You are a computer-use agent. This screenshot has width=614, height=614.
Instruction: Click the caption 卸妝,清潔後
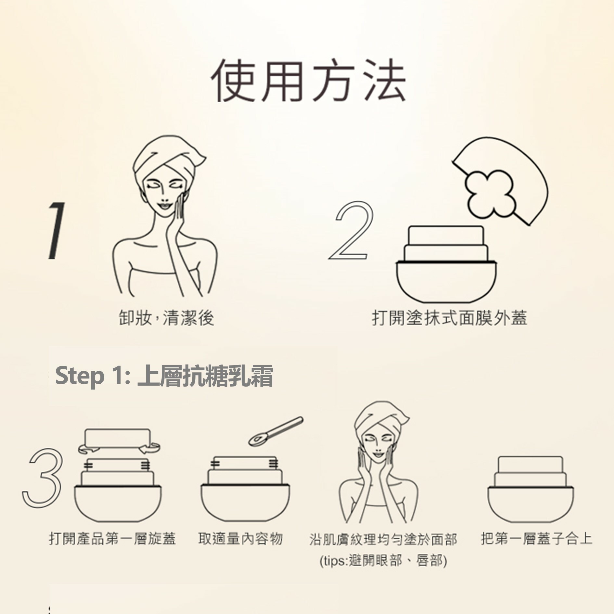pos(166,318)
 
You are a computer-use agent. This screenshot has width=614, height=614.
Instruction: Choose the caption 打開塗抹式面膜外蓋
pos(449,318)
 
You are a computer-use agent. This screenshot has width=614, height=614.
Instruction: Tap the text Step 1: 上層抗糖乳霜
pos(164,376)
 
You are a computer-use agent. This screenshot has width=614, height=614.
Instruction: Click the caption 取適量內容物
pos(240,539)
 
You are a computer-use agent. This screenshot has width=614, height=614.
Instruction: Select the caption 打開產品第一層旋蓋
pos(112,539)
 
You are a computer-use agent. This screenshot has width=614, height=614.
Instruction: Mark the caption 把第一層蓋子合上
pos(536,538)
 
